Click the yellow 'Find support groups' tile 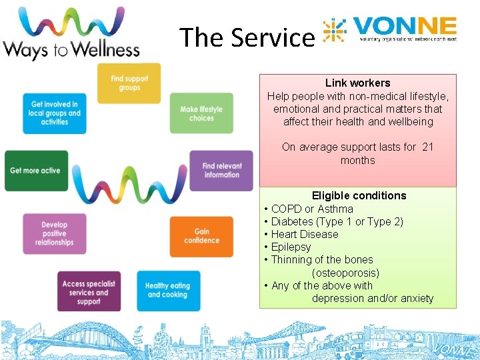point(129,83)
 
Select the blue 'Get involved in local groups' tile point(55,113)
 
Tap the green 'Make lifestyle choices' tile point(201,113)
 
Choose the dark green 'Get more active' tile point(36,171)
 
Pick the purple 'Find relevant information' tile point(222,171)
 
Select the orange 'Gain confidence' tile point(201,236)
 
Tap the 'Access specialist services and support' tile point(89,292)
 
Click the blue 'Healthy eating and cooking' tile point(168,291)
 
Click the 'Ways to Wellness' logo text point(71,50)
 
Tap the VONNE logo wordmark point(405,28)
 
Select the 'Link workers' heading point(357,83)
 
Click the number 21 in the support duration point(429,147)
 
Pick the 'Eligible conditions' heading point(359,195)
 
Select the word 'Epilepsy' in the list point(291,247)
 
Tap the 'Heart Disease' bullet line point(305,234)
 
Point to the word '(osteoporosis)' point(345,273)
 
